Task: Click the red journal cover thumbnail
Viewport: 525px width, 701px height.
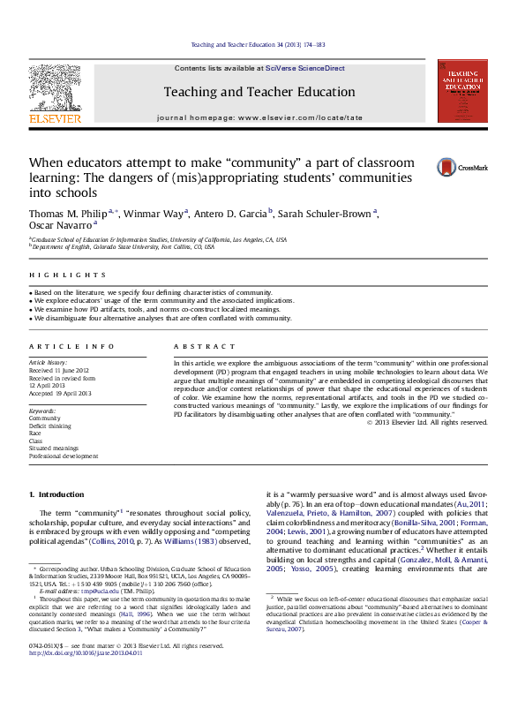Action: [x=462, y=91]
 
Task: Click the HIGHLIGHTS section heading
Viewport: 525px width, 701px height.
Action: [x=55, y=275]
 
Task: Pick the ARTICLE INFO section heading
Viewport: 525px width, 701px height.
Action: [x=59, y=346]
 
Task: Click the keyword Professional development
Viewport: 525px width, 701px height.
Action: [x=64, y=456]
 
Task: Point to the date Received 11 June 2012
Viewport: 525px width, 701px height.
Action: [x=59, y=370]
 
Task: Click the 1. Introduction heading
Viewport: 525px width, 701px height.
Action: [x=56, y=494]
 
